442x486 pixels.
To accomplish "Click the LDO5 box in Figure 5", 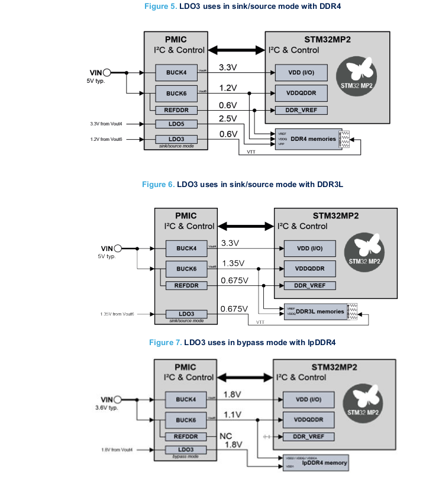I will coord(176,124).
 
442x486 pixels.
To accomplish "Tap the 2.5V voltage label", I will coord(228,119).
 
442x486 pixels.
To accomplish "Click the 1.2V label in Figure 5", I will coord(228,88).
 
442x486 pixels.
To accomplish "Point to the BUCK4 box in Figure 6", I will coord(186,249).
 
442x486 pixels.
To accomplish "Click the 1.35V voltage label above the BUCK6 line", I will coord(233,263).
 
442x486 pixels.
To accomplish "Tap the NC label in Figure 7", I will coord(225,436).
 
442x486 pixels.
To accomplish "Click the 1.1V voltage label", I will coord(232,414).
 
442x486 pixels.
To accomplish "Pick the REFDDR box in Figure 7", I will coord(186,437).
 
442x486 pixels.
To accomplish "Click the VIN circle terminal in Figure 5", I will coord(108,73).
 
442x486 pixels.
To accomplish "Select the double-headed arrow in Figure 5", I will coord(237,50).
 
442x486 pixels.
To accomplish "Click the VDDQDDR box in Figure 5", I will coord(301,94).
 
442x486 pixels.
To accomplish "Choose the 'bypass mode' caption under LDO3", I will coord(186,457).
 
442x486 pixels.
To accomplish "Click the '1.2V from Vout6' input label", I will coord(106,139).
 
